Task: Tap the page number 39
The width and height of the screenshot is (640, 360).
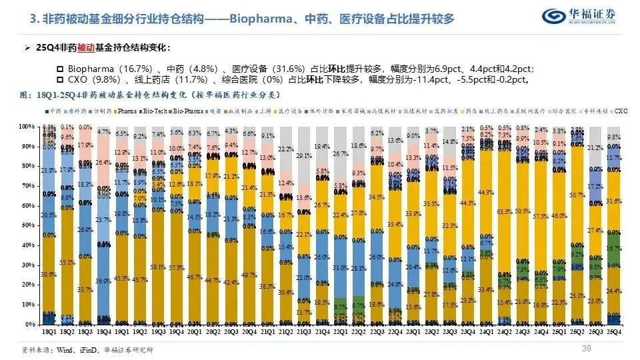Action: [587, 349]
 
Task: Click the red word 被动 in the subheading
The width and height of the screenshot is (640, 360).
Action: [87, 49]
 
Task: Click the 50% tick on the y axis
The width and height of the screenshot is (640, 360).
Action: [27, 225]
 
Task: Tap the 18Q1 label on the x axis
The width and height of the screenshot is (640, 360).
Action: [49, 331]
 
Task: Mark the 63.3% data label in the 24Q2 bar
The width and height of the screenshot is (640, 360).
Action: [504, 212]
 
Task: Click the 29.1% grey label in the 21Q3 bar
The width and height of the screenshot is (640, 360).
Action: [304, 156]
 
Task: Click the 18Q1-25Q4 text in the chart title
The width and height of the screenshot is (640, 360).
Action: [63, 95]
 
